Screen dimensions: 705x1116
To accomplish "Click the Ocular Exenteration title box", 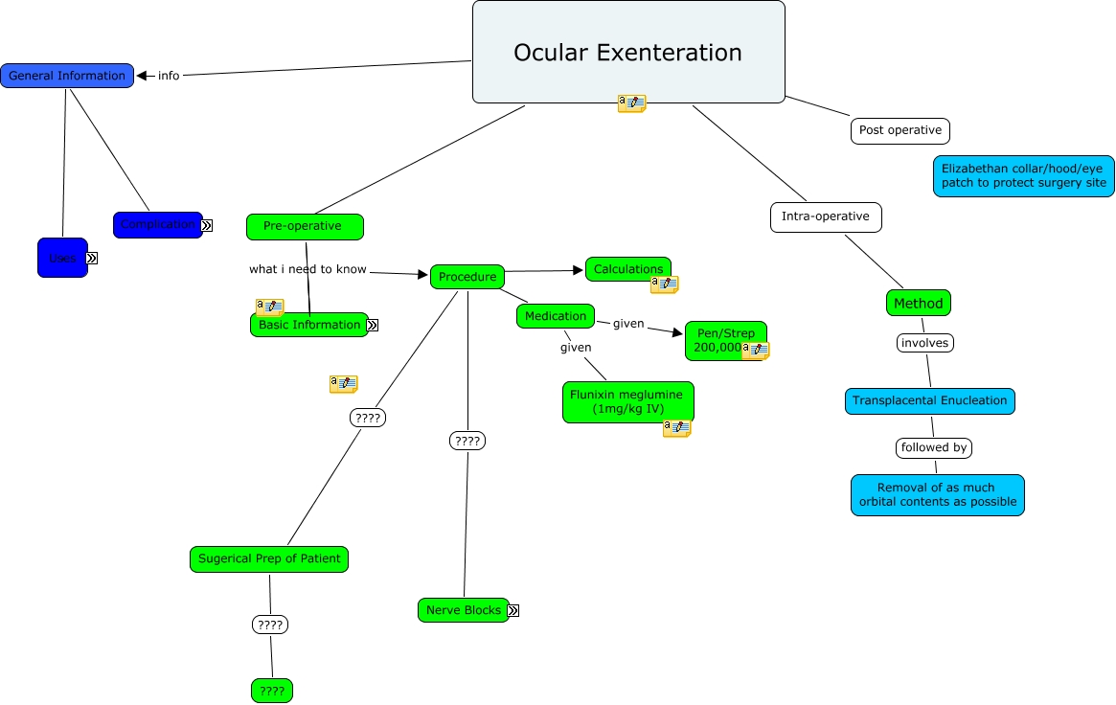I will tap(628, 52).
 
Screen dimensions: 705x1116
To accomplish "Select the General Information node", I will tap(67, 76).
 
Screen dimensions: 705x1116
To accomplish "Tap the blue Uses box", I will tap(62, 258).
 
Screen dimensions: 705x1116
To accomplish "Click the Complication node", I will tap(157, 224).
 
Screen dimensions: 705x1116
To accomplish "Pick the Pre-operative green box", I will tap(305, 226).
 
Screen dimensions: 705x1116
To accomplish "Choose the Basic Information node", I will tap(308, 325).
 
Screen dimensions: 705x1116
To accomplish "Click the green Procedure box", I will tap(467, 277).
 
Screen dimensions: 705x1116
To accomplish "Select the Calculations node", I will tap(628, 269).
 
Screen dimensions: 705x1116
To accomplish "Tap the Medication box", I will tap(556, 316).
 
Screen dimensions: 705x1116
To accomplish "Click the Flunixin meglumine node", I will tap(628, 401).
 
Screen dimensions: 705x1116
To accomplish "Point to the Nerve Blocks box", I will tap(464, 610).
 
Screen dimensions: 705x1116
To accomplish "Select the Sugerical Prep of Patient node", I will tap(269, 558).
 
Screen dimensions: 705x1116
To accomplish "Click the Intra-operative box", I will tap(826, 216).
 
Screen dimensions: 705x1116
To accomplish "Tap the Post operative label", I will tap(900, 130).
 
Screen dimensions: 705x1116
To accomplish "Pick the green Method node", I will tap(919, 303).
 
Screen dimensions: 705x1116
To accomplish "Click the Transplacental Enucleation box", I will tap(929, 400).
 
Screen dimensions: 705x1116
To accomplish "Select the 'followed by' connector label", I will tap(934, 447).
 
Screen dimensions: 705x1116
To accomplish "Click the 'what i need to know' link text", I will tap(307, 269).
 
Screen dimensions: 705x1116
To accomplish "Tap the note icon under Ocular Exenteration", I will tap(631, 103).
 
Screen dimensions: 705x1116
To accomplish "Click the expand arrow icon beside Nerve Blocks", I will tap(513, 610).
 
